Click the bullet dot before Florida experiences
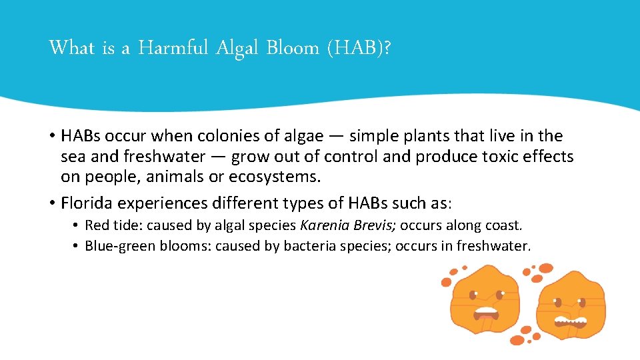tap(51, 203)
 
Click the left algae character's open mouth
tap(485, 313)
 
